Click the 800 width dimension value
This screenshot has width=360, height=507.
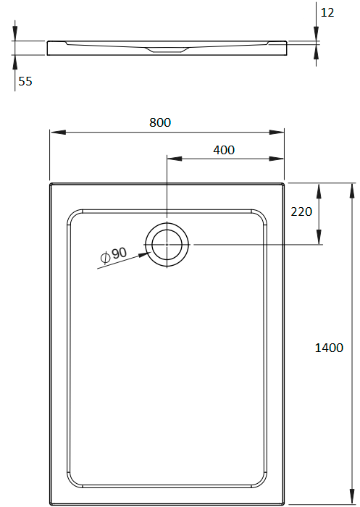tap(160, 122)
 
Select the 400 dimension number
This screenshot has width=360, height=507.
tap(225, 150)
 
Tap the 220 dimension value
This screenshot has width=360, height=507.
tap(301, 211)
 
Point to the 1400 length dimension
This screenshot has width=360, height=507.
tap(329, 348)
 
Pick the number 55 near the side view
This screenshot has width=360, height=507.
tap(25, 82)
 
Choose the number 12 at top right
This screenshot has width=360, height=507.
tap(327, 12)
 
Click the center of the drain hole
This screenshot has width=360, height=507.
tap(167, 245)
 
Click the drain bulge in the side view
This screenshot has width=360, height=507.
tap(167, 50)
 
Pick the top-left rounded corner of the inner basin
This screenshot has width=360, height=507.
tap(74, 215)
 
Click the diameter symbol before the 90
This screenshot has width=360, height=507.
tap(105, 256)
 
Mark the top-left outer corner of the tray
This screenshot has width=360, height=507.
tap(51, 184)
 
